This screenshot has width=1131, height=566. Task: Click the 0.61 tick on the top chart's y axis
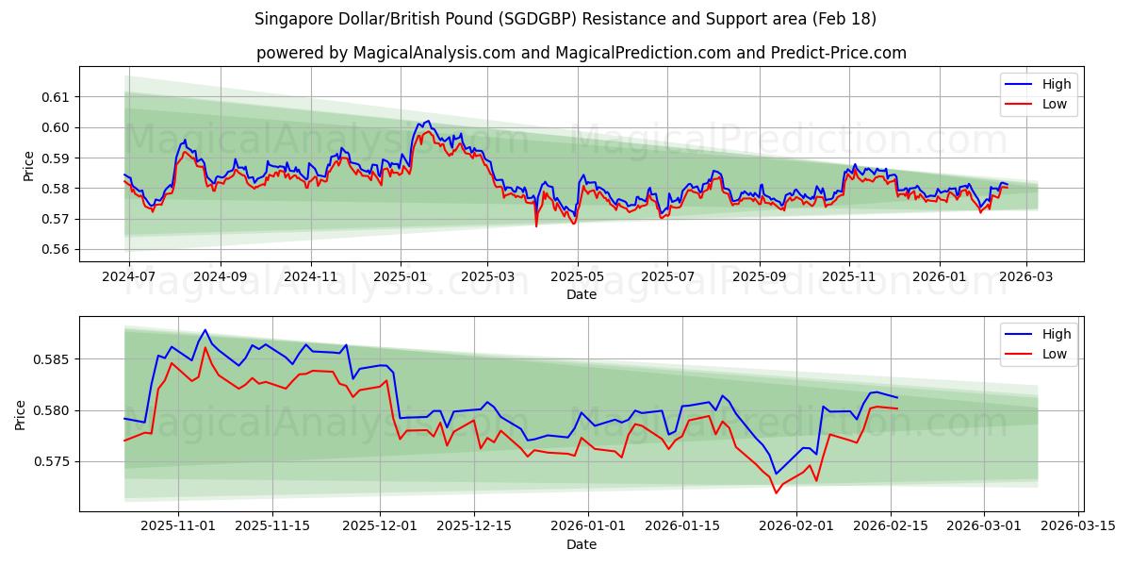[56, 97]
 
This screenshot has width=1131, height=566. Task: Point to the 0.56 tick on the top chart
[56, 250]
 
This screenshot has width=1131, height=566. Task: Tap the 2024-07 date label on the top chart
[128, 277]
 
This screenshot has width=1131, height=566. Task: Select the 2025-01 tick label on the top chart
[401, 277]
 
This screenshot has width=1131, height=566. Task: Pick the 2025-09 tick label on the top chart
[759, 277]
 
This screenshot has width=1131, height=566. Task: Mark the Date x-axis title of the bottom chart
[582, 544]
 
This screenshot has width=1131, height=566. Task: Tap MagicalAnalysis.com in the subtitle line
[434, 53]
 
